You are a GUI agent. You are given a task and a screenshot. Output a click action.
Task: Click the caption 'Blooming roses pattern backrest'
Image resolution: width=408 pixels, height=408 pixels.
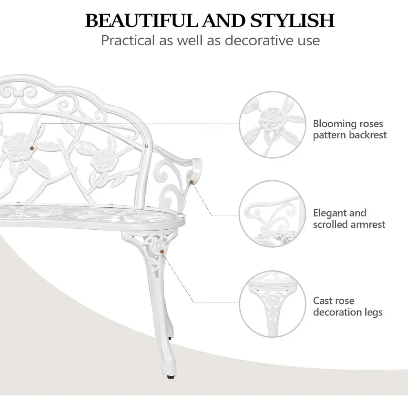tap(350, 129)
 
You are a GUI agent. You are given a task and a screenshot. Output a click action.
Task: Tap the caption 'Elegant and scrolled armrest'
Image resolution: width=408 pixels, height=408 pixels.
tap(349, 219)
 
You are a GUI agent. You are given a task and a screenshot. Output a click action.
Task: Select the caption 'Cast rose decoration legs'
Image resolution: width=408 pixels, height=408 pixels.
tap(348, 307)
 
